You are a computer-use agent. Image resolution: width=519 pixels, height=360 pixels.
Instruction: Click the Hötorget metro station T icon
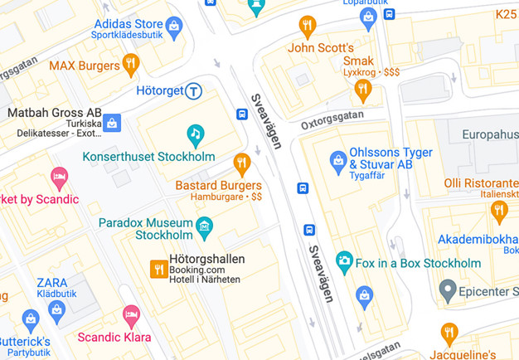pyautogui.click(x=193, y=90)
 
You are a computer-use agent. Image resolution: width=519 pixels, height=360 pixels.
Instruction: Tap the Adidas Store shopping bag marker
pyautogui.click(x=173, y=29)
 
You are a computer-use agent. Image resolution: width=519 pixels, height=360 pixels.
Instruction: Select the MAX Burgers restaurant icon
pyautogui.click(x=130, y=64)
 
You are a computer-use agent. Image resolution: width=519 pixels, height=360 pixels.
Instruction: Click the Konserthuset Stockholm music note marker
pyautogui.click(x=195, y=133)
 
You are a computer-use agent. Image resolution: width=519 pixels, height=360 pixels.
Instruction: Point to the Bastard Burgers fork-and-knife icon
pyautogui.click(x=241, y=163)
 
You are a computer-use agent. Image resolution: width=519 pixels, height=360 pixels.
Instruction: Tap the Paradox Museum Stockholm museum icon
pyautogui.click(x=204, y=226)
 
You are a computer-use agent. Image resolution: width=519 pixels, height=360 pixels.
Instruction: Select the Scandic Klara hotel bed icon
pyautogui.click(x=131, y=315)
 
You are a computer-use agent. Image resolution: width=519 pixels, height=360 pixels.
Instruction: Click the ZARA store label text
pyautogui.click(x=51, y=283)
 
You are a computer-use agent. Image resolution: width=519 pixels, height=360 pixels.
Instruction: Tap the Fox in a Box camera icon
pyautogui.click(x=344, y=263)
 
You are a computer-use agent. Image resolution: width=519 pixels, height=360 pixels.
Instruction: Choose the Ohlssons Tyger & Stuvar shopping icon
pyautogui.click(x=337, y=161)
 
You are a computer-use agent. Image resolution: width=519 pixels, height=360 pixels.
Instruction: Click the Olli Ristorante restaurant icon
pyautogui.click(x=498, y=211)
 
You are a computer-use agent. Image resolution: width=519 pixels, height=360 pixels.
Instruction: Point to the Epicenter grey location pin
pyautogui.click(x=448, y=291)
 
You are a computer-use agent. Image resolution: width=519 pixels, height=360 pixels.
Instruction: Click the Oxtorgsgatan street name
pyautogui.click(x=332, y=124)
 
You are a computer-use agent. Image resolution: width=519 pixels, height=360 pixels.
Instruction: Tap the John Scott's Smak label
pyautogui.click(x=331, y=54)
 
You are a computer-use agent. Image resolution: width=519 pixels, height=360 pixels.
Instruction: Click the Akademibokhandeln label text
pyautogui.click(x=478, y=240)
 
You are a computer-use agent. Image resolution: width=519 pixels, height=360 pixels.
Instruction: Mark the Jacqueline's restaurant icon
pyautogui.click(x=449, y=334)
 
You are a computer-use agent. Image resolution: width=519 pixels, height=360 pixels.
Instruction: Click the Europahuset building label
pyautogui.click(x=490, y=134)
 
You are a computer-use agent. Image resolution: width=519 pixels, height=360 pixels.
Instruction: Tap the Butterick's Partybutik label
pyautogui.click(x=25, y=346)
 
